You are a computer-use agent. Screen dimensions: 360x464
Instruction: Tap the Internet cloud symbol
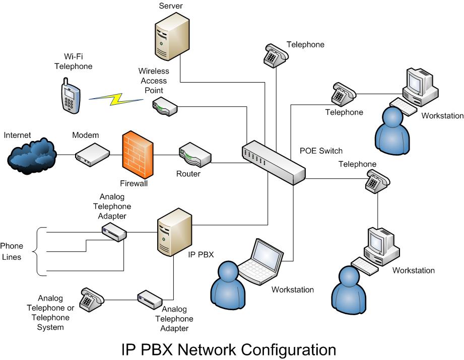(x=31, y=154)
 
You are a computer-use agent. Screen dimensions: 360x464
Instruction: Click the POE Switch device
(x=274, y=161)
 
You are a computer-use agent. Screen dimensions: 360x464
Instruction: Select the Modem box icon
(x=92, y=153)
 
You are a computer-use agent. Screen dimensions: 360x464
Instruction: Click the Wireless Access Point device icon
(x=164, y=106)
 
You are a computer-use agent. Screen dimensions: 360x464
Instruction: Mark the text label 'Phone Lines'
(x=12, y=251)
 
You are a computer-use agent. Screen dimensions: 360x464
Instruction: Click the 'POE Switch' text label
(x=321, y=151)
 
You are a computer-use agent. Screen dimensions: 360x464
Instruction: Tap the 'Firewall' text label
(x=133, y=184)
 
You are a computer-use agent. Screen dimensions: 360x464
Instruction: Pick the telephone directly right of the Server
(x=275, y=55)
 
